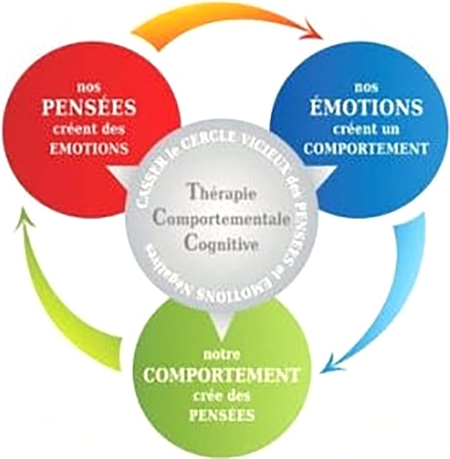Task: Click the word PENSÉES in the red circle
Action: tap(88, 108)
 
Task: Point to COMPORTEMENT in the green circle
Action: tap(222, 376)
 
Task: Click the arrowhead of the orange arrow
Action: tap(310, 29)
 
